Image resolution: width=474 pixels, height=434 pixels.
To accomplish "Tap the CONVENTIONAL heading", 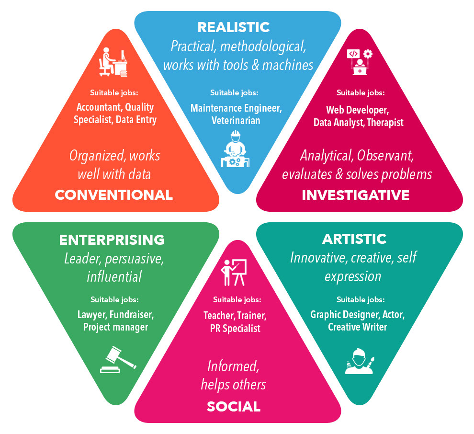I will click(x=113, y=194).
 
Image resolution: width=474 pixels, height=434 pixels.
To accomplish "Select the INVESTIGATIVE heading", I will click(x=355, y=195).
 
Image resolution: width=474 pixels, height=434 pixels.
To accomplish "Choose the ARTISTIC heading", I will click(x=354, y=239).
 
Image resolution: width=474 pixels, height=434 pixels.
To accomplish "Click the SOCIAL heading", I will click(x=234, y=407).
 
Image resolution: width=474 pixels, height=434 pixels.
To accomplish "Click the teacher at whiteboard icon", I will click(x=234, y=272).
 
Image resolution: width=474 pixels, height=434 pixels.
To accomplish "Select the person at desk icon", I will click(x=113, y=62).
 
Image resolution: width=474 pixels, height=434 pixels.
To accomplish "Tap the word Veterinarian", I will click(x=236, y=120).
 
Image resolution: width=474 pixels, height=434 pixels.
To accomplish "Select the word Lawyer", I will click(x=92, y=315).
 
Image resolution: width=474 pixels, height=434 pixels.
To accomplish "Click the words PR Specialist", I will click(x=235, y=329).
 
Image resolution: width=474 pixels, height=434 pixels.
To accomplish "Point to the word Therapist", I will click(x=385, y=123).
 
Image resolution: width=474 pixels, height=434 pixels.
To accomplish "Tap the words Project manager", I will click(x=115, y=327).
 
